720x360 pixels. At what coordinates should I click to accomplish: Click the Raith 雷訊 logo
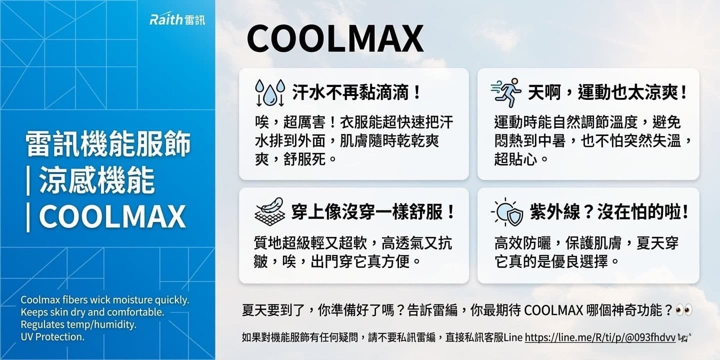click(x=177, y=20)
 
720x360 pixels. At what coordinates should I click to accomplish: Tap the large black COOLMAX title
click(x=335, y=39)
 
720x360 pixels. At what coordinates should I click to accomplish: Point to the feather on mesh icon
click(x=269, y=212)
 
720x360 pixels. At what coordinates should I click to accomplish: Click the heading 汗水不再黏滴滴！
click(x=357, y=92)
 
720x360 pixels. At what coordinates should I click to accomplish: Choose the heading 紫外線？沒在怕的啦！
click(x=609, y=212)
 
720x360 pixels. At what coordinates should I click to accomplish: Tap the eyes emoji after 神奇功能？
click(x=683, y=310)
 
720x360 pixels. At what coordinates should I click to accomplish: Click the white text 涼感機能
click(x=96, y=180)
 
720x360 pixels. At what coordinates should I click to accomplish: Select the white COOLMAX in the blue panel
click(x=112, y=217)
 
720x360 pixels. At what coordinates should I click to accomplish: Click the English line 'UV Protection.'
click(x=52, y=336)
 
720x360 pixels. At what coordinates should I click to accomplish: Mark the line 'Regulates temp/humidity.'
click(x=78, y=324)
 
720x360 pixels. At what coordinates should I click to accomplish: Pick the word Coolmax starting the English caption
click(x=39, y=300)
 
